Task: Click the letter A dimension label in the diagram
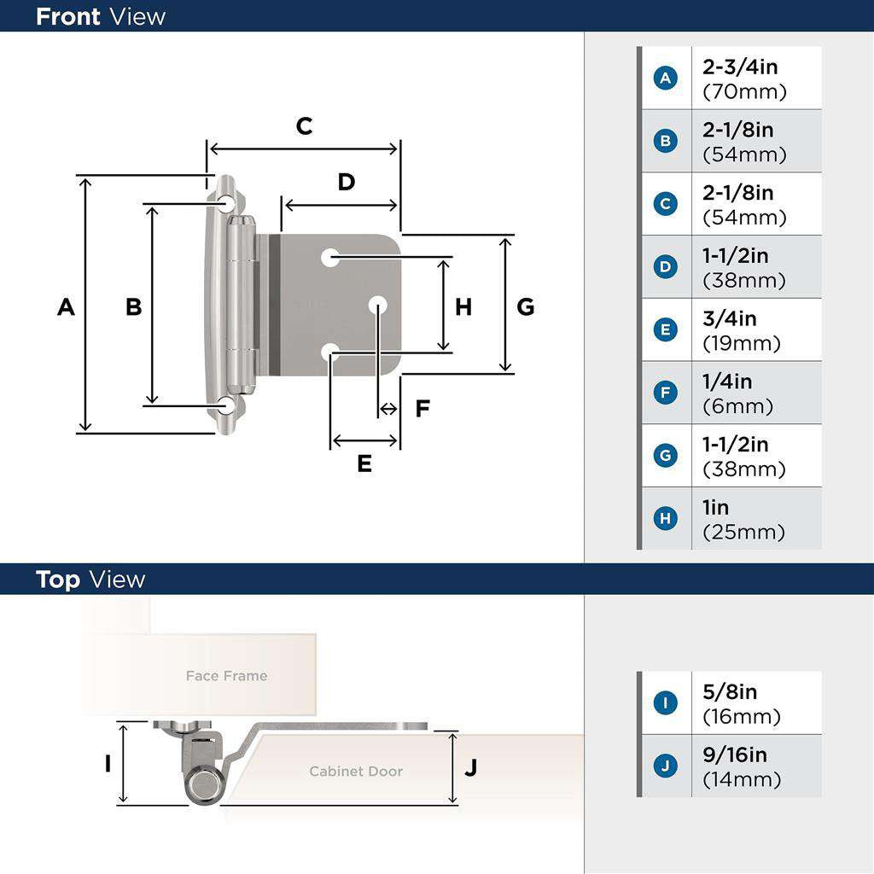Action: (x=66, y=306)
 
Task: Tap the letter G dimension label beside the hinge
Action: (x=526, y=306)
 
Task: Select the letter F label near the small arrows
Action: (x=422, y=409)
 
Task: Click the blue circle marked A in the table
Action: (x=665, y=79)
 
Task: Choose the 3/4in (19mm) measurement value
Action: (x=741, y=330)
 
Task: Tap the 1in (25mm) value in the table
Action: (x=743, y=519)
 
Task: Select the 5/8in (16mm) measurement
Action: (x=741, y=703)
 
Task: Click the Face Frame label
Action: (x=226, y=676)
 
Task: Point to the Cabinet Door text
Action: (x=355, y=771)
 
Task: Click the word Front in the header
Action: (x=68, y=16)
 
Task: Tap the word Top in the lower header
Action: (x=58, y=580)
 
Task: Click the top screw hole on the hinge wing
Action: (x=226, y=203)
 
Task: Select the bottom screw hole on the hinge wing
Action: (x=226, y=405)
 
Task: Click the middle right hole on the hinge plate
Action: (x=378, y=305)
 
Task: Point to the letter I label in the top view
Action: (x=108, y=763)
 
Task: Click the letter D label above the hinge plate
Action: (x=346, y=182)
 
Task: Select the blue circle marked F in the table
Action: (x=665, y=393)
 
